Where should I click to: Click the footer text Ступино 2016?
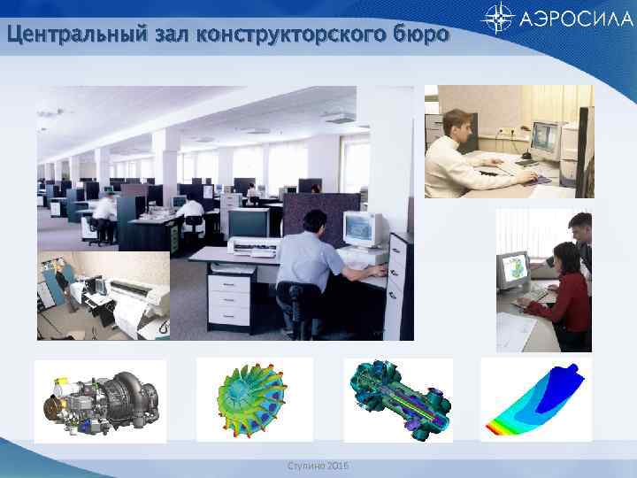click(x=319, y=466)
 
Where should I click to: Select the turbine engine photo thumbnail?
click(x=100, y=400)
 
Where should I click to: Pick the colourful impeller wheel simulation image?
click(x=253, y=400)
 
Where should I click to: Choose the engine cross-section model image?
click(x=397, y=400)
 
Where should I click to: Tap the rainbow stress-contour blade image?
click(x=535, y=400)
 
